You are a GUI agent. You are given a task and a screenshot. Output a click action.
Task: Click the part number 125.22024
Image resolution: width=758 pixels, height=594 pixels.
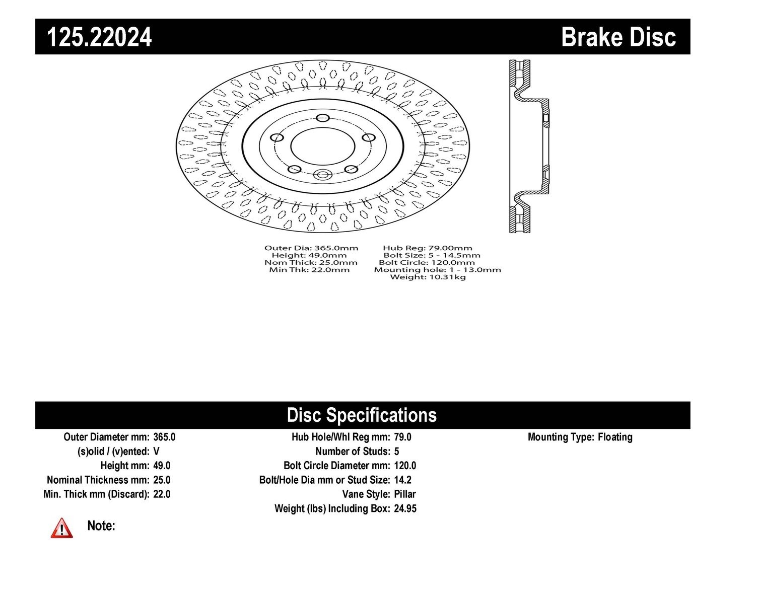pyautogui.click(x=99, y=37)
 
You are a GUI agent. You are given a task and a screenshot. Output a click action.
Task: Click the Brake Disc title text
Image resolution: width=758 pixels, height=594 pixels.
pyautogui.click(x=618, y=37)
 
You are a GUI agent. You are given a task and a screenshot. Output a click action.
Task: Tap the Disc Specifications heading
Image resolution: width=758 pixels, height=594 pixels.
pyautogui.click(x=362, y=415)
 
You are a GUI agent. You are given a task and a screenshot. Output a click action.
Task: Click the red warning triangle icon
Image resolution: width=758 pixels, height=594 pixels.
pyautogui.click(x=62, y=528)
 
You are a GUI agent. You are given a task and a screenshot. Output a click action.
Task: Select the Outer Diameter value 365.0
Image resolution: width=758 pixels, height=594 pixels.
pyautogui.click(x=164, y=437)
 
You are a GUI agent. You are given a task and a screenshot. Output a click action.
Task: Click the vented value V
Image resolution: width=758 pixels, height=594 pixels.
pyautogui.click(x=156, y=452)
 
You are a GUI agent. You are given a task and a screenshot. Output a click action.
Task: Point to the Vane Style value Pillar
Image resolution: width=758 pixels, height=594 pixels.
pyautogui.click(x=405, y=494)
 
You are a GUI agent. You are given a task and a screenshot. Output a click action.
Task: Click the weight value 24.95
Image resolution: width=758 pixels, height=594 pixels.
pyautogui.click(x=405, y=508)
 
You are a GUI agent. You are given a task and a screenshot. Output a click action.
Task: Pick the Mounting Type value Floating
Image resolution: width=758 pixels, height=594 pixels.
pyautogui.click(x=615, y=437)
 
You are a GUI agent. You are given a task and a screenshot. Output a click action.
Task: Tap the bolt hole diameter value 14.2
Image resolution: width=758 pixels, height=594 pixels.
pyautogui.click(x=403, y=480)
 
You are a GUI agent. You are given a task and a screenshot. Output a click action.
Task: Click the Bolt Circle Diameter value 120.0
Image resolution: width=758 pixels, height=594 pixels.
pyautogui.click(x=405, y=465)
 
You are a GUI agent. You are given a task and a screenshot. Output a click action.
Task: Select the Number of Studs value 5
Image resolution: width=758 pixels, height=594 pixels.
pyautogui.click(x=396, y=452)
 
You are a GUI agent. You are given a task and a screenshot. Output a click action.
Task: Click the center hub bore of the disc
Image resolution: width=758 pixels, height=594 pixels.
pyautogui.click(x=323, y=146)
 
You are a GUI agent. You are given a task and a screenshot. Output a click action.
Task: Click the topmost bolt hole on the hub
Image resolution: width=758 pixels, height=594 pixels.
pyautogui.click(x=323, y=117)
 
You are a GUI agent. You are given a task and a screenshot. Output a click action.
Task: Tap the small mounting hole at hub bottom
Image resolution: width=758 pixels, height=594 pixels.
pyautogui.click(x=322, y=174)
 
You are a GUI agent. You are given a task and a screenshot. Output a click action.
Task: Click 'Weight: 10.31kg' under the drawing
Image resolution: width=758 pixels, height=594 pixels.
pyautogui.click(x=428, y=277)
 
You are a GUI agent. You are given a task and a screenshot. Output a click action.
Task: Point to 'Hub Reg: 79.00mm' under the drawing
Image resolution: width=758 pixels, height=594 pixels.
pyautogui.click(x=428, y=248)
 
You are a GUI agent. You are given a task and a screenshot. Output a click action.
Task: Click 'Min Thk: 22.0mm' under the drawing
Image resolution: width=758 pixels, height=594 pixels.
pyautogui.click(x=309, y=270)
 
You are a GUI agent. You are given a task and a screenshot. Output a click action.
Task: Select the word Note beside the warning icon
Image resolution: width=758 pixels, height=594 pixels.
pyautogui.click(x=101, y=526)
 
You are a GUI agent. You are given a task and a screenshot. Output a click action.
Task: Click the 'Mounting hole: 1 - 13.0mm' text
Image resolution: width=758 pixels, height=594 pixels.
pyautogui.click(x=438, y=270)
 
